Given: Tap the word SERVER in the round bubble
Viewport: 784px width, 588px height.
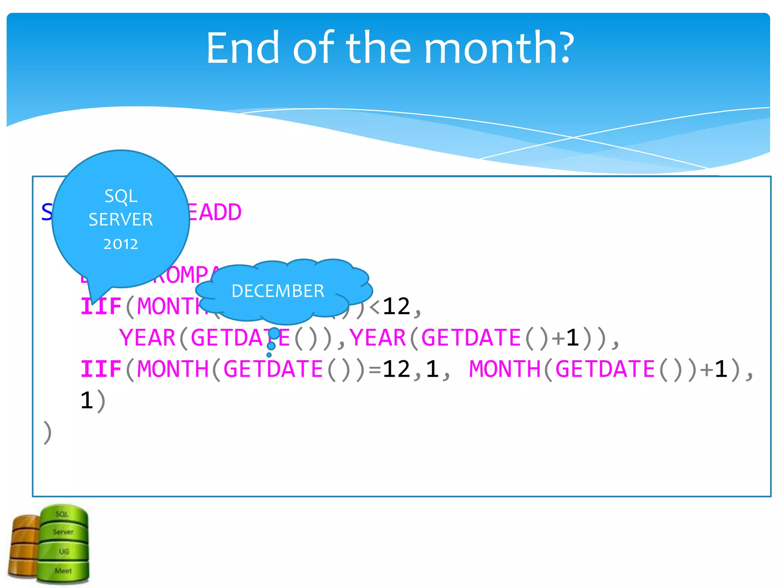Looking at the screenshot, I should (121, 220).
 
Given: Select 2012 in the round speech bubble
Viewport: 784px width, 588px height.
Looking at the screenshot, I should (121, 244).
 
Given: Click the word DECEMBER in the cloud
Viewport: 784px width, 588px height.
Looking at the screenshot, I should (278, 291).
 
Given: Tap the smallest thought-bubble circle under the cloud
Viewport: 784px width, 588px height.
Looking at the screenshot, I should (269, 355).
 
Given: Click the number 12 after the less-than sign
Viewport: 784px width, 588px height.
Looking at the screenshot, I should (396, 306).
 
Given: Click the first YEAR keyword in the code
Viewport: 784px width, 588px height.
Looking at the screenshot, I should (147, 338).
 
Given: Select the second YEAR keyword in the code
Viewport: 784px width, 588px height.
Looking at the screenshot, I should (377, 338).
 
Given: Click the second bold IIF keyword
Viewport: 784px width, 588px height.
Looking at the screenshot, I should (101, 369).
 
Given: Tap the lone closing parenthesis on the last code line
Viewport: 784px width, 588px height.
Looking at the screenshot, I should (47, 433).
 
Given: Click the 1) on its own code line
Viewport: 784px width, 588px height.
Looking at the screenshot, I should (92, 401).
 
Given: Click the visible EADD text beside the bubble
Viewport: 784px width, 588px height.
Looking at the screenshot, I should (214, 212).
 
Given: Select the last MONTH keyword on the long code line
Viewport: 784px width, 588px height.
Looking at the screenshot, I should (504, 369).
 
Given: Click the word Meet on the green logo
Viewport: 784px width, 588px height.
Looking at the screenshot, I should (63, 571).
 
